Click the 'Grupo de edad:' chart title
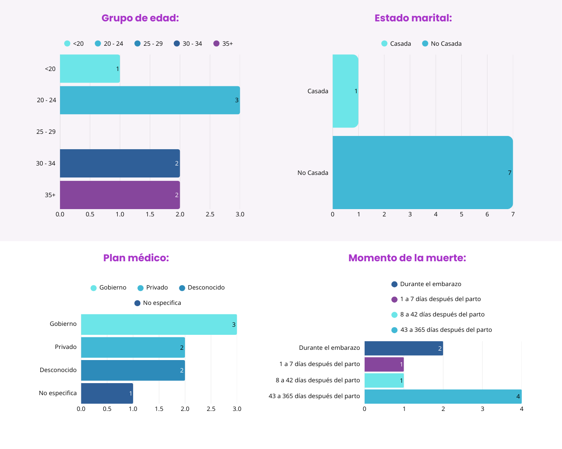140,18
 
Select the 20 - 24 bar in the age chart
150,100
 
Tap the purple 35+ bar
120,195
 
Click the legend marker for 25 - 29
137,44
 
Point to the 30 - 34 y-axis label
46,163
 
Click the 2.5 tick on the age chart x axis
210,214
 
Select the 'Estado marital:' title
413,18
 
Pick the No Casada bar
422,172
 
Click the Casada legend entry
396,44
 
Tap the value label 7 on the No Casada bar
509,173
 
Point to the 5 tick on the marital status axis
461,214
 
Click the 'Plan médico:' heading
136,258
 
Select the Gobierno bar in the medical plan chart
159,325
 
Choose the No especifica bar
107,393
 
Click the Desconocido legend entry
202,287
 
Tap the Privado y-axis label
65,347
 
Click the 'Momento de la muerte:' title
407,258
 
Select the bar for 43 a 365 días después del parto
443,396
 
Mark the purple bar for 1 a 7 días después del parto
384,364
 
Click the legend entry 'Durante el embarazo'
426,284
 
